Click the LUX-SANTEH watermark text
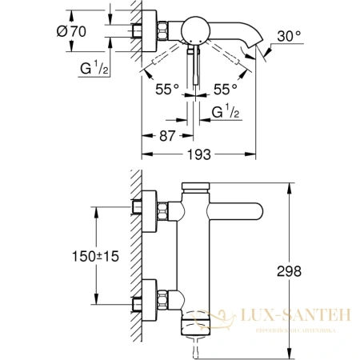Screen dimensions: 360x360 click(x=298, y=318)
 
